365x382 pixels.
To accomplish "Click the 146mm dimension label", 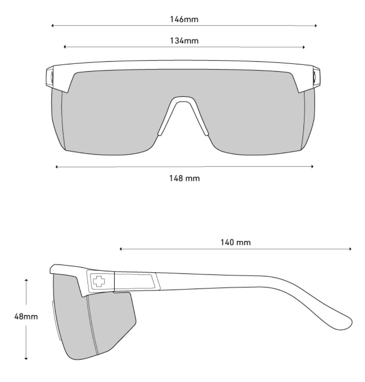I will pyautogui.click(x=184, y=19).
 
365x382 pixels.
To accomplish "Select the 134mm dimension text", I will pyautogui.click(x=184, y=41).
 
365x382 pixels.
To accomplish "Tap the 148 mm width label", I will pyautogui.click(x=184, y=178).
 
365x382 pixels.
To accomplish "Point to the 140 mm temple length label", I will pyautogui.click(x=236, y=242).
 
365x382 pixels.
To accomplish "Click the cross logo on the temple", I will pyautogui.click(x=98, y=281).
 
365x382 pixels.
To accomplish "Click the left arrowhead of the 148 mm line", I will pyautogui.click(x=57, y=167).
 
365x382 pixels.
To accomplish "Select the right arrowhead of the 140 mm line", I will pyautogui.click(x=350, y=249).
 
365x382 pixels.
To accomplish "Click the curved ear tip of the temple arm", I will pyautogui.click(x=345, y=323).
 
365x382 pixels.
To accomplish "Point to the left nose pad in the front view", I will pyautogui.click(x=160, y=132).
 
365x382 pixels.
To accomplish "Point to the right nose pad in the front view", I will pyautogui.click(x=206, y=132).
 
